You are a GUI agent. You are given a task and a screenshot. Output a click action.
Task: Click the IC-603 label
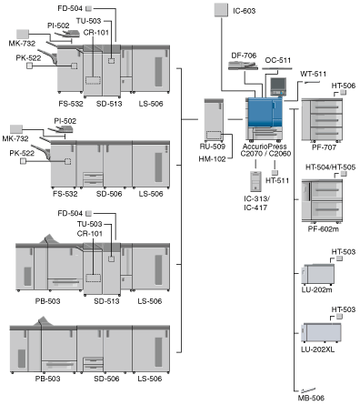coord(244,11)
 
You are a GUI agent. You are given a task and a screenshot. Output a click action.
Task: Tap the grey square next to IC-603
coord(221,10)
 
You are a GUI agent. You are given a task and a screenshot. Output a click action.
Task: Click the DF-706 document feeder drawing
coord(243,66)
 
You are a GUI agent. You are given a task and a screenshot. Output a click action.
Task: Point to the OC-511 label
coord(277,60)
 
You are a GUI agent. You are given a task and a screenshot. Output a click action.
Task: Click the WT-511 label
coord(313,74)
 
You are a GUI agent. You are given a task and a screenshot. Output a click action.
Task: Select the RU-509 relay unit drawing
coord(214,120)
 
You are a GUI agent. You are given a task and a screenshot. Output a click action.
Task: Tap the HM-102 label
coord(212,158)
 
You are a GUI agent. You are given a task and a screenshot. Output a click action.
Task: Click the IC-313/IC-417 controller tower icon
coord(255,181)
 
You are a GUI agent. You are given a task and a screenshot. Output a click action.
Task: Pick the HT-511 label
coord(277,180)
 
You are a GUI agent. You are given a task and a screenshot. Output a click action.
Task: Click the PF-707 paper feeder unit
coord(322,120)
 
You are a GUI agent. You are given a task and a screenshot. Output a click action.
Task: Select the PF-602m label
coord(323,228)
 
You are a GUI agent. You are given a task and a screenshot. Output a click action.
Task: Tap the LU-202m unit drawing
coord(318,274)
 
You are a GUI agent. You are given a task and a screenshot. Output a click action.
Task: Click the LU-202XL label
coord(317,349)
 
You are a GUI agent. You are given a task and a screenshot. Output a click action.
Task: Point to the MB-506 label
coord(311,398)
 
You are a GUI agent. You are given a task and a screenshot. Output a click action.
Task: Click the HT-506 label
coord(344,86)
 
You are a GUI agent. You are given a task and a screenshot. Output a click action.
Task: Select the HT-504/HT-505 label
coord(330,167)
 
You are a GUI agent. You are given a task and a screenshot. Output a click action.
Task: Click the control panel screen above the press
coord(278,84)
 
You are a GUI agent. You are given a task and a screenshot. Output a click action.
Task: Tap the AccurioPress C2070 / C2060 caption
coord(265,150)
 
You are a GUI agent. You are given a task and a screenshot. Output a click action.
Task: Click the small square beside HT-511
coord(275,173)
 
